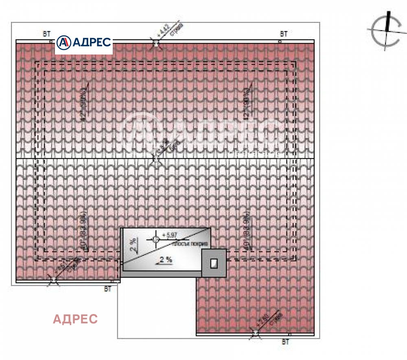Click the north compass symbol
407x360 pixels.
385,30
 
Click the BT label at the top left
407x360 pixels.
47,34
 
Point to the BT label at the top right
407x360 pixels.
284,34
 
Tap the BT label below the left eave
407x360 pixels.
107,289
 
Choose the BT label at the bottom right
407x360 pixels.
285,342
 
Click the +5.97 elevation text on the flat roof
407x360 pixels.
170,235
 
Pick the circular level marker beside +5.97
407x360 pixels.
155,239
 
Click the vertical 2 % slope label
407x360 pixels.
133,245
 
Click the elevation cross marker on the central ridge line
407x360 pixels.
156,158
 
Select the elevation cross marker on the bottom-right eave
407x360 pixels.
256,334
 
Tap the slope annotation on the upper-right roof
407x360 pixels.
247,102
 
